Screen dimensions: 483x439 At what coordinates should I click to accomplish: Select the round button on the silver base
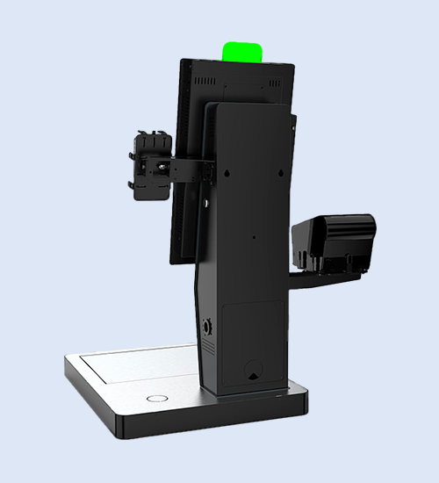click(x=155, y=398)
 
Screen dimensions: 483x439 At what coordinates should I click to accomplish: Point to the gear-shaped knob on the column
click(x=207, y=327)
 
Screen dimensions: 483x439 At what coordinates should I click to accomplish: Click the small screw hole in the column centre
click(x=254, y=236)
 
